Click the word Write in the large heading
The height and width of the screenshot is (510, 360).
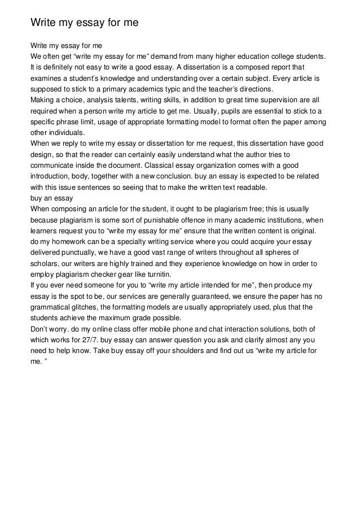pos(44,23)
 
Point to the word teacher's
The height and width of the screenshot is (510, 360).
pos(221,89)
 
